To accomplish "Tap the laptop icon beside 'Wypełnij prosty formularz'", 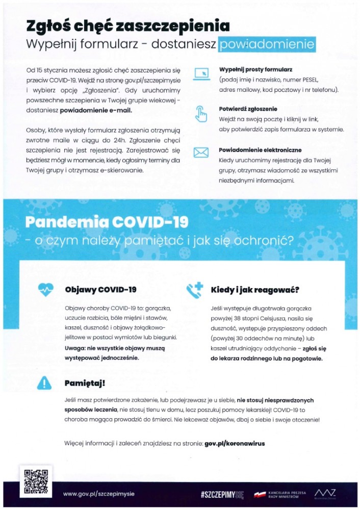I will tap(202, 74).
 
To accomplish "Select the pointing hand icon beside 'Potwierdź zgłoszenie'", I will tap(202, 114).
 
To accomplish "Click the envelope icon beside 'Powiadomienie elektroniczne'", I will tap(202, 152).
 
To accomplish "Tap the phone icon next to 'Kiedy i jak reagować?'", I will tap(194, 290).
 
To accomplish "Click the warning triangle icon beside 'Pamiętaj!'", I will tap(46, 382).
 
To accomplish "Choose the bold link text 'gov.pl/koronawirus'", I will tap(235, 443).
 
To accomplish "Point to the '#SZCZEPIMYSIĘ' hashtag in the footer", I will tap(223, 494).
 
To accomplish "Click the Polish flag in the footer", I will tap(260, 494).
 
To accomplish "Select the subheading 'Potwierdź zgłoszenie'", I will tap(248, 109).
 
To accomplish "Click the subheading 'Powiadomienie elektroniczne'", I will tap(260, 150).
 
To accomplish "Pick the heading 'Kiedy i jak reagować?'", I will tap(255, 290).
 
